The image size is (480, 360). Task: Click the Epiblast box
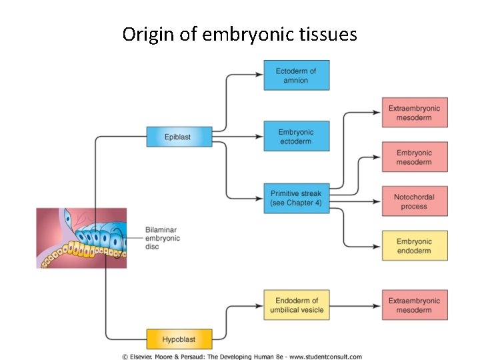[x=178, y=137]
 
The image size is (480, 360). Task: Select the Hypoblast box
[x=179, y=339]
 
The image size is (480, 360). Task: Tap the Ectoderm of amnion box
[x=295, y=75]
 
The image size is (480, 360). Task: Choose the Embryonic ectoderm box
[x=295, y=137]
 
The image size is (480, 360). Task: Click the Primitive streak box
[x=295, y=198]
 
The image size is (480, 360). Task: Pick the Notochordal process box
[x=414, y=201]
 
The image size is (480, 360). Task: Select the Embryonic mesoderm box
[x=414, y=157]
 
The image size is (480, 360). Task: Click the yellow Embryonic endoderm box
[x=414, y=246]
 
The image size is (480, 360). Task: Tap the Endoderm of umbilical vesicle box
[x=297, y=305]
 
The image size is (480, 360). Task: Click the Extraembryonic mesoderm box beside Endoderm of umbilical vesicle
[x=414, y=305]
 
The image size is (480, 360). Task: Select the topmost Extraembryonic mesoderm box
[x=414, y=113]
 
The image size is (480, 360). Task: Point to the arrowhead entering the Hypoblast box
[x=142, y=339]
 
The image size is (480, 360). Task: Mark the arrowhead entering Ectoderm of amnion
[x=259, y=75]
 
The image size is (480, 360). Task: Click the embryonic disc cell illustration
[x=81, y=238]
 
